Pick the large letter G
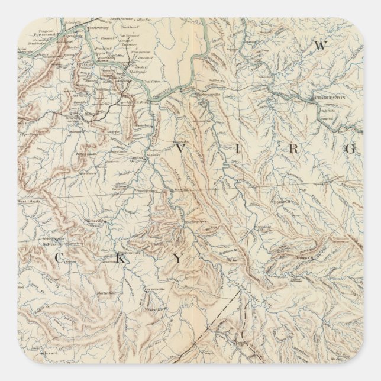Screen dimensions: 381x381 (x=350, y=148)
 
